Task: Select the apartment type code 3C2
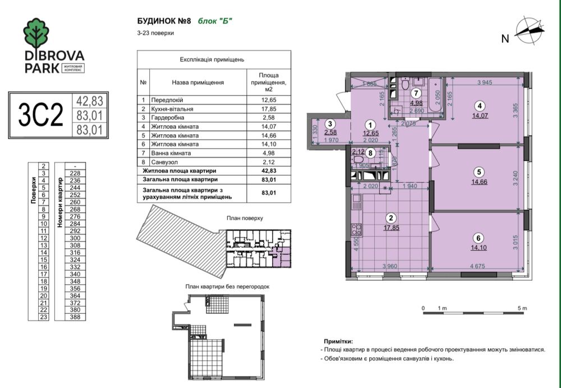(x=40, y=115)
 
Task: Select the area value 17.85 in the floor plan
(x=390, y=228)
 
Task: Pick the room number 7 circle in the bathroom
(x=416, y=94)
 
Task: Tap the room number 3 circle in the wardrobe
(x=331, y=124)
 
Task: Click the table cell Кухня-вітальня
(x=176, y=109)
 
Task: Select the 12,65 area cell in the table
(x=269, y=101)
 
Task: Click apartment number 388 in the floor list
(x=75, y=317)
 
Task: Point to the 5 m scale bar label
(x=523, y=308)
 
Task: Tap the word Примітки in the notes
(x=339, y=341)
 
